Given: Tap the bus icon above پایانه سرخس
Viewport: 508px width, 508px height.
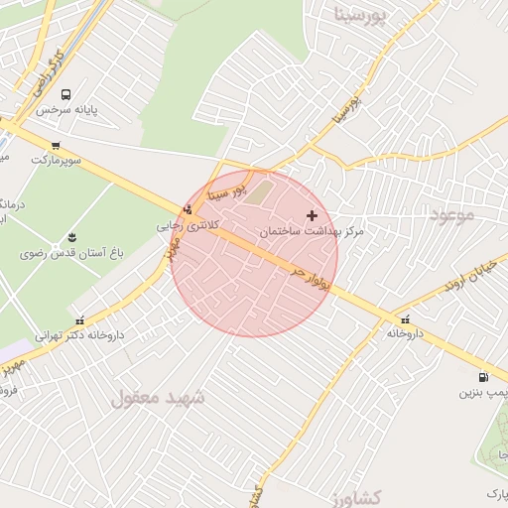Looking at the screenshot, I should (65, 95).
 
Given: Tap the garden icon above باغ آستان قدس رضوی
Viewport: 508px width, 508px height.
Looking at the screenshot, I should (71, 237).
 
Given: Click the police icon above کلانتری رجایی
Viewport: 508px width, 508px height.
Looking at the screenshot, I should (188, 209).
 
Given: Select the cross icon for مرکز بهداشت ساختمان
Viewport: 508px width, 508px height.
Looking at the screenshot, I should (313, 215).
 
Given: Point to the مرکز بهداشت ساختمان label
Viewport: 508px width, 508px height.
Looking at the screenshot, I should (312, 230).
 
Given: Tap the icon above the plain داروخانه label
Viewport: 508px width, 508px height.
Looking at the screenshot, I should (405, 319).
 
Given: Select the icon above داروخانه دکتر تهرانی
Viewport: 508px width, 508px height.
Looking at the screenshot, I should (80, 320).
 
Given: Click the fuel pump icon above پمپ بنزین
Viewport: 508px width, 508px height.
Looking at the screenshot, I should (483, 377).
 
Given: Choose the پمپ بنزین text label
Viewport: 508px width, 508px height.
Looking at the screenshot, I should (482, 393).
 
